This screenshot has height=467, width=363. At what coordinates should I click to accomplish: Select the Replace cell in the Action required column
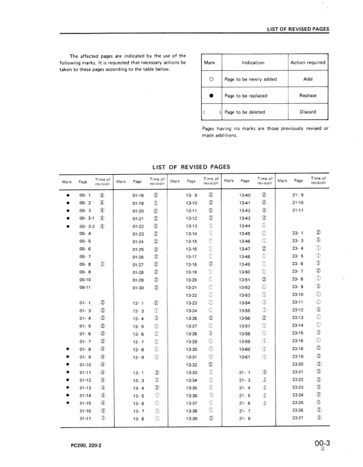[x=307, y=96]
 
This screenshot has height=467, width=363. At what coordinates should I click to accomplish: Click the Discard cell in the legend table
[x=307, y=112]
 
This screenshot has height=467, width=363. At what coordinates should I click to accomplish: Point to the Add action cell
[x=307, y=79]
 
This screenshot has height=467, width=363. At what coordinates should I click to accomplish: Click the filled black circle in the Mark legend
[x=210, y=96]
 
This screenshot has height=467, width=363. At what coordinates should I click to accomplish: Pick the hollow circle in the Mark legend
[x=210, y=79]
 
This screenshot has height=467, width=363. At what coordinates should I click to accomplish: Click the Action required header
[x=307, y=63]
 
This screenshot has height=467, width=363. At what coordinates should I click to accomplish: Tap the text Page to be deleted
[x=245, y=112]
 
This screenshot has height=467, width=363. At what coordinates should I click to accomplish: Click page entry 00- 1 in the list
[x=85, y=194]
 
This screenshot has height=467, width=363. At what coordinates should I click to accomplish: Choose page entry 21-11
[x=297, y=210]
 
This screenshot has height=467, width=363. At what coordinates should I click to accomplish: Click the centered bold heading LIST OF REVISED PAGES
[x=192, y=166]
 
